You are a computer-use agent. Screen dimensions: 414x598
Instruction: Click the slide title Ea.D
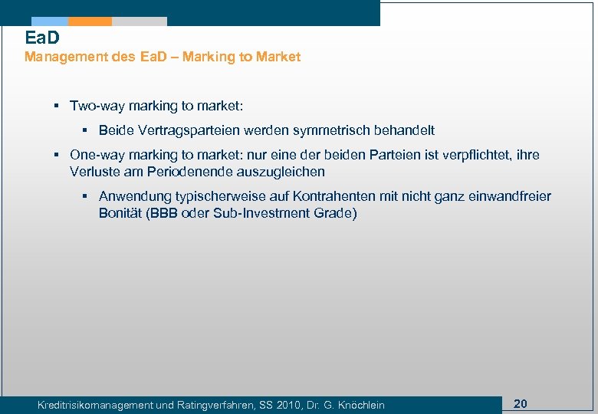(x=41, y=38)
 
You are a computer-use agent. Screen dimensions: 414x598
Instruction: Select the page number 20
(x=520, y=403)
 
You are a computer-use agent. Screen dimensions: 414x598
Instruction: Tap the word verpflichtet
(x=478, y=155)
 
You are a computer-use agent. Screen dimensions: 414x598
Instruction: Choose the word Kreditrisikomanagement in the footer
(x=105, y=405)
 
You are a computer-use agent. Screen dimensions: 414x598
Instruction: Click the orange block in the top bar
(x=90, y=21)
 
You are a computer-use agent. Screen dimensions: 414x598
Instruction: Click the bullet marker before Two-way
(x=56, y=106)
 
